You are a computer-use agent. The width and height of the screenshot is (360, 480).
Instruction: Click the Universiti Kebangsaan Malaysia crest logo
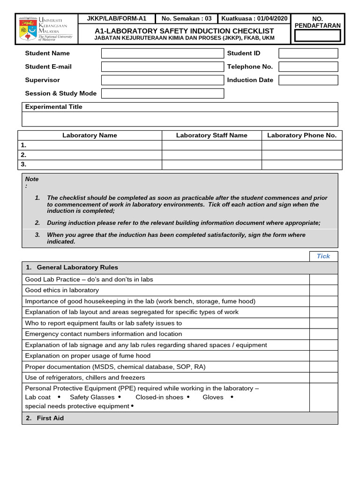(x=27, y=29)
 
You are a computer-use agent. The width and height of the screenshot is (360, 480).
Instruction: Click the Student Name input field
(x=162, y=53)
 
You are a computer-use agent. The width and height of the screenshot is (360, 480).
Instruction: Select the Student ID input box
(x=308, y=53)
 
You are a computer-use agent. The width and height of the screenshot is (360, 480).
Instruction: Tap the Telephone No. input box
(x=308, y=67)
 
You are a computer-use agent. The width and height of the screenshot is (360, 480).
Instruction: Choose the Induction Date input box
(x=308, y=80)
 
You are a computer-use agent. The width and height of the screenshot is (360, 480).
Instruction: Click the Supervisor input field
(x=162, y=80)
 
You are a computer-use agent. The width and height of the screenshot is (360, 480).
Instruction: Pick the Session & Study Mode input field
(x=162, y=93)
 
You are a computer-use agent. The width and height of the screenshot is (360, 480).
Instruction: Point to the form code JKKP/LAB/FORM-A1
(x=117, y=19)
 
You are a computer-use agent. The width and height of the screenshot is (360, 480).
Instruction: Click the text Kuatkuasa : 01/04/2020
(x=255, y=19)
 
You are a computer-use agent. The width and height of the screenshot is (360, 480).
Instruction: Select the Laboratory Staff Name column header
(x=211, y=135)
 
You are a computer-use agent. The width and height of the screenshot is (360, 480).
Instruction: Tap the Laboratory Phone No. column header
(x=302, y=135)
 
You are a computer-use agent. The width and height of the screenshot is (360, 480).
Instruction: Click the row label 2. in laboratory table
(x=23, y=155)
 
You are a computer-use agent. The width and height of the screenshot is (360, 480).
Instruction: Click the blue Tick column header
(x=323, y=256)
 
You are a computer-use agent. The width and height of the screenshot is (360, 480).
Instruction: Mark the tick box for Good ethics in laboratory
(x=323, y=290)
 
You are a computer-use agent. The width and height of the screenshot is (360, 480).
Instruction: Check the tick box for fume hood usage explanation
(x=323, y=356)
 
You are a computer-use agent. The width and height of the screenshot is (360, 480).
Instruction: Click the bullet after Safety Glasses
(x=120, y=397)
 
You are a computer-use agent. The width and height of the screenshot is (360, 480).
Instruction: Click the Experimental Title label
(x=53, y=107)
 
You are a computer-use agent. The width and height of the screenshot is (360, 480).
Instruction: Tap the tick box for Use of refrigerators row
(x=323, y=378)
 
